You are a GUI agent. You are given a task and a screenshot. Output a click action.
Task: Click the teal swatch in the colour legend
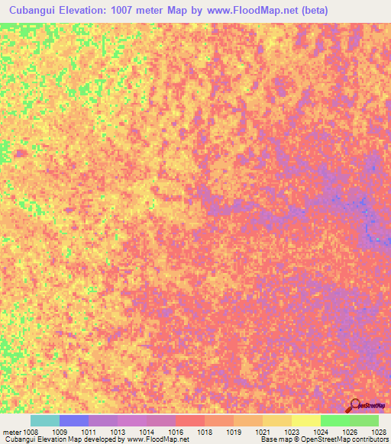click(x=45, y=420)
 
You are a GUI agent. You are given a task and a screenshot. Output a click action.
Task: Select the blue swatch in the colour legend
click(x=74, y=420)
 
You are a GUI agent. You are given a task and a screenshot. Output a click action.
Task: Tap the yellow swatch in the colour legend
click(x=306, y=420)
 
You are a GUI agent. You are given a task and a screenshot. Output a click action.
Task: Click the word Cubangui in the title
click(x=34, y=10)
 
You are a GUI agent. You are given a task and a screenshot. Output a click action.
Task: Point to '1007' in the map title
click(x=143, y=10)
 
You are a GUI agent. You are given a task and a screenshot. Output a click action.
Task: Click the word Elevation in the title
click(x=92, y=10)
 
